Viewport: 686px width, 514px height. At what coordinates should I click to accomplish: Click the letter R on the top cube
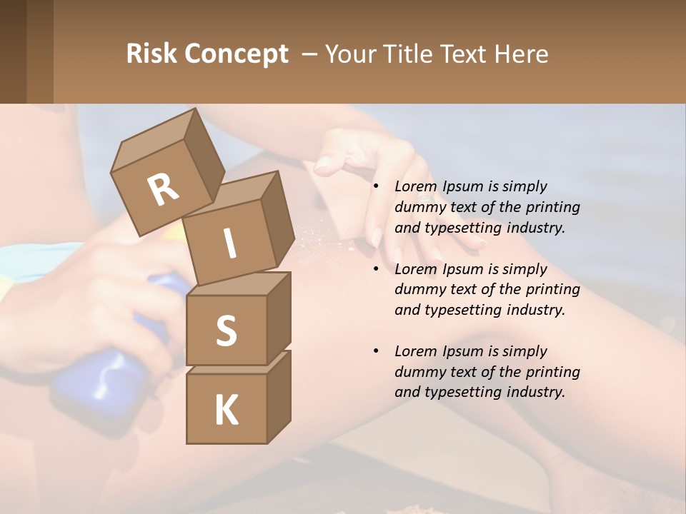click(163, 190)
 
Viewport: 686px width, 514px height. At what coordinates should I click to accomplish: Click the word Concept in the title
click(236, 54)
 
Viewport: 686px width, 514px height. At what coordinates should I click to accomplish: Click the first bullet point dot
click(376, 187)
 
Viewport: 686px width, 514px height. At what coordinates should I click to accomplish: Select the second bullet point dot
click(376, 270)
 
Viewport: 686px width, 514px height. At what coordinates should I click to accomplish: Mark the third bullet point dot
click(376, 352)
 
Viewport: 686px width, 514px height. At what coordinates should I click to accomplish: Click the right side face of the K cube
click(279, 396)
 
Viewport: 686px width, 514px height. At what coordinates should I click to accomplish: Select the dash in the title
click(309, 54)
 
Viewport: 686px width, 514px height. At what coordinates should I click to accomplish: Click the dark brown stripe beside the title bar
click(13, 51)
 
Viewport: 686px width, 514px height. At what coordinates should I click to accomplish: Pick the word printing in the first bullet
click(552, 207)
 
